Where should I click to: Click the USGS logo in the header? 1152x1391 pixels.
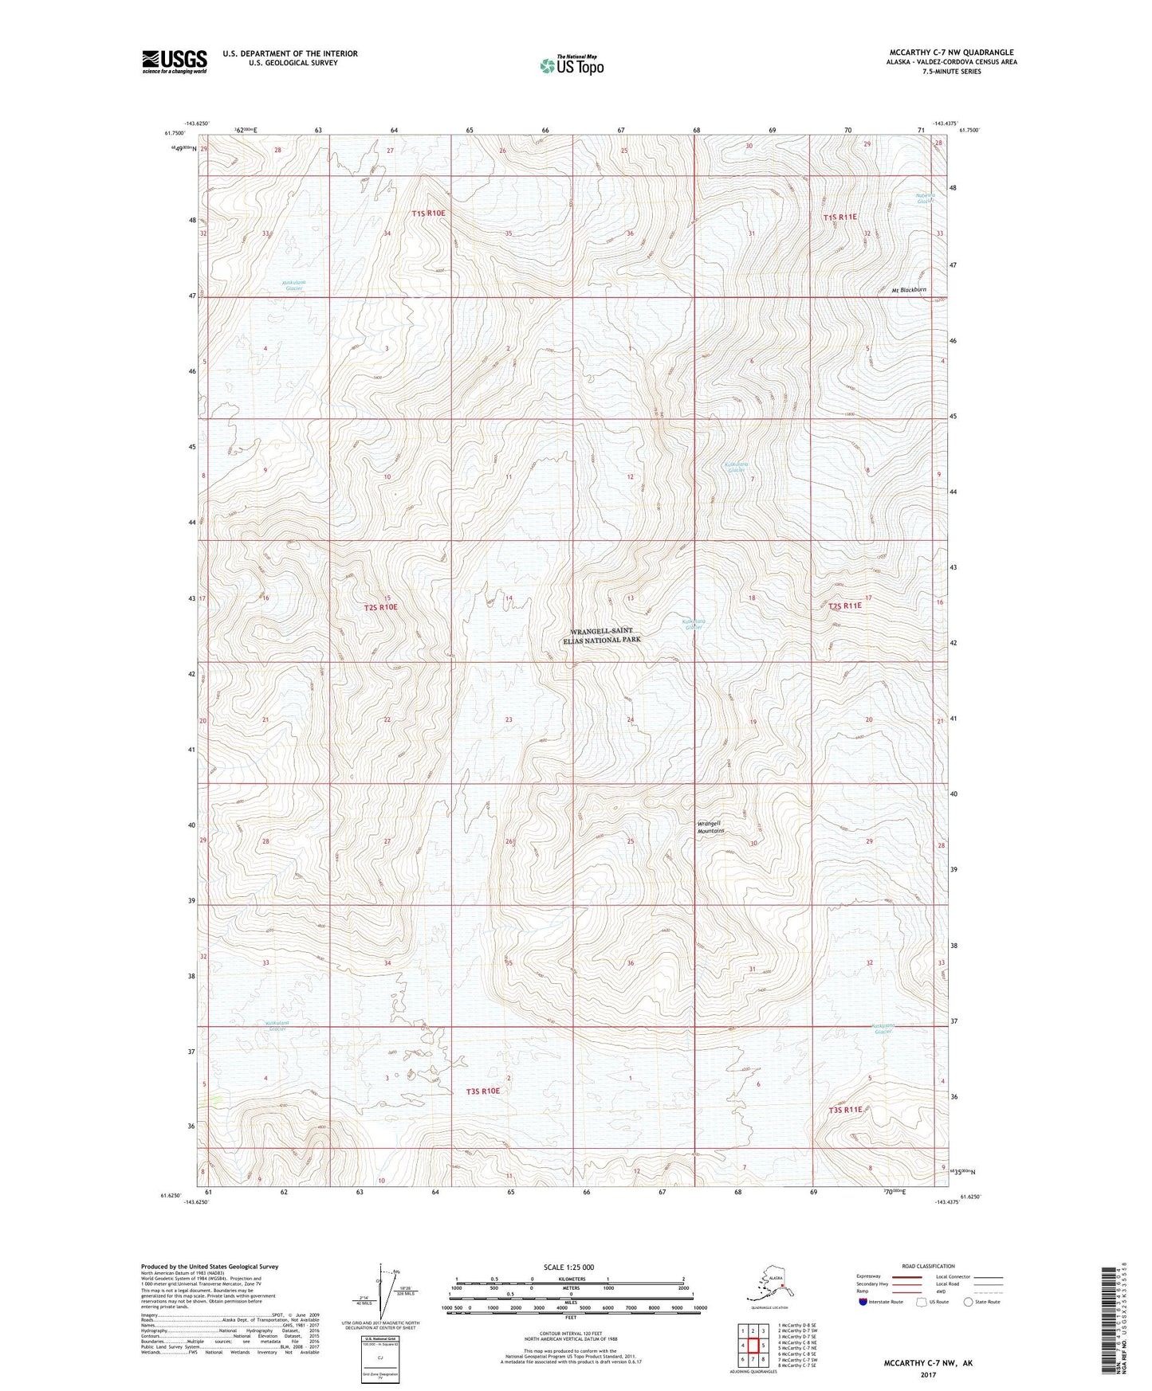[174, 61]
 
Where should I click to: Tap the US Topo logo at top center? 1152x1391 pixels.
[571, 65]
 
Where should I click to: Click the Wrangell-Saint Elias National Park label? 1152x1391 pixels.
[602, 635]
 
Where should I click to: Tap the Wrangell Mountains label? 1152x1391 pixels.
[710, 827]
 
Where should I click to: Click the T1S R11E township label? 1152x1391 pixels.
[839, 217]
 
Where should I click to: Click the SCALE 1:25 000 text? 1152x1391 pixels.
[568, 1267]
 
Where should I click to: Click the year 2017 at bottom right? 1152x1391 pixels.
[927, 1374]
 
